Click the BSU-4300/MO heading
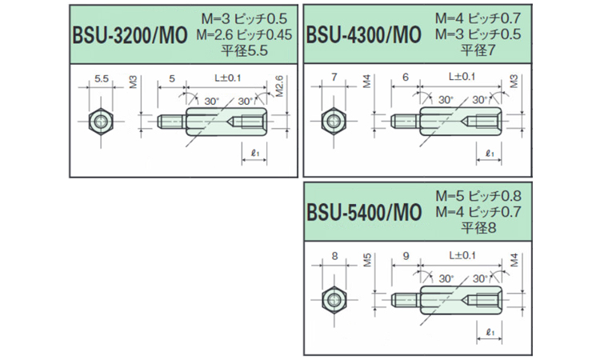point(363,36)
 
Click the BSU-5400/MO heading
point(363,214)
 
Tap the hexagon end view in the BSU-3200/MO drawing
point(102,122)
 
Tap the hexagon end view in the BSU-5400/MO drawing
point(335,302)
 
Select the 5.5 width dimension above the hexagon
point(102,78)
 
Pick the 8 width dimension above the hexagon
point(335,258)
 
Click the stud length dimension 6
point(406,78)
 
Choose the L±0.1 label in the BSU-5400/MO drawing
point(459,256)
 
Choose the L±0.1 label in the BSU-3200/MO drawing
point(228,77)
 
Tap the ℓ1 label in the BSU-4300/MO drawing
point(489,152)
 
